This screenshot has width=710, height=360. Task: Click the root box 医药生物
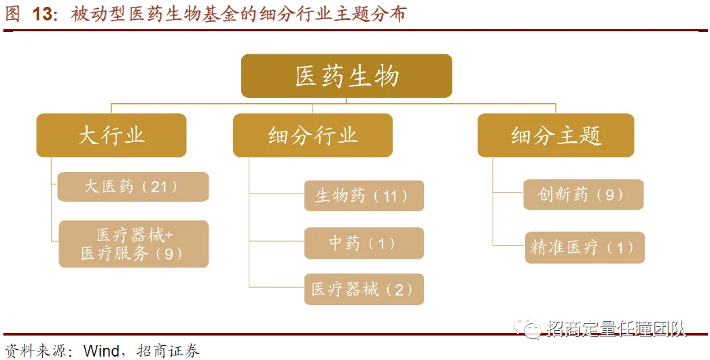pyautogui.click(x=347, y=76)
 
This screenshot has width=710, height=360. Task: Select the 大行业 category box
pyautogui.click(x=111, y=135)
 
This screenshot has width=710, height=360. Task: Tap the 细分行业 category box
pyautogui.click(x=313, y=135)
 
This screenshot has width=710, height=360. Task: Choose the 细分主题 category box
pyautogui.click(x=556, y=135)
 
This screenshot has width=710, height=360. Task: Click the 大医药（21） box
pyautogui.click(x=132, y=187)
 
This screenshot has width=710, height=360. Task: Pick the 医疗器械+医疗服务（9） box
pyautogui.click(x=133, y=244)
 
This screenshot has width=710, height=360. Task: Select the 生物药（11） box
pyautogui.click(x=363, y=196)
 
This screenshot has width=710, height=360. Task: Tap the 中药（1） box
pyautogui.click(x=363, y=242)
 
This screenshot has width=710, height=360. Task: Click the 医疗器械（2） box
pyautogui.click(x=363, y=289)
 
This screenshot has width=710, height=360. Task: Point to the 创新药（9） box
pyautogui.click(x=583, y=195)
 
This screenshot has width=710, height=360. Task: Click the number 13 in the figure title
pyautogui.click(x=43, y=14)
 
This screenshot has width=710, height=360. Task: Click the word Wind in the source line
pyautogui.click(x=101, y=350)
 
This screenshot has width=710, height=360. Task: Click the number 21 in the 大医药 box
pyautogui.click(x=158, y=187)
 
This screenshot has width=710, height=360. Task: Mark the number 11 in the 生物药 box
pyautogui.click(x=389, y=196)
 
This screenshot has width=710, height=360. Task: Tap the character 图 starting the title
pyautogui.click(x=12, y=14)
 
